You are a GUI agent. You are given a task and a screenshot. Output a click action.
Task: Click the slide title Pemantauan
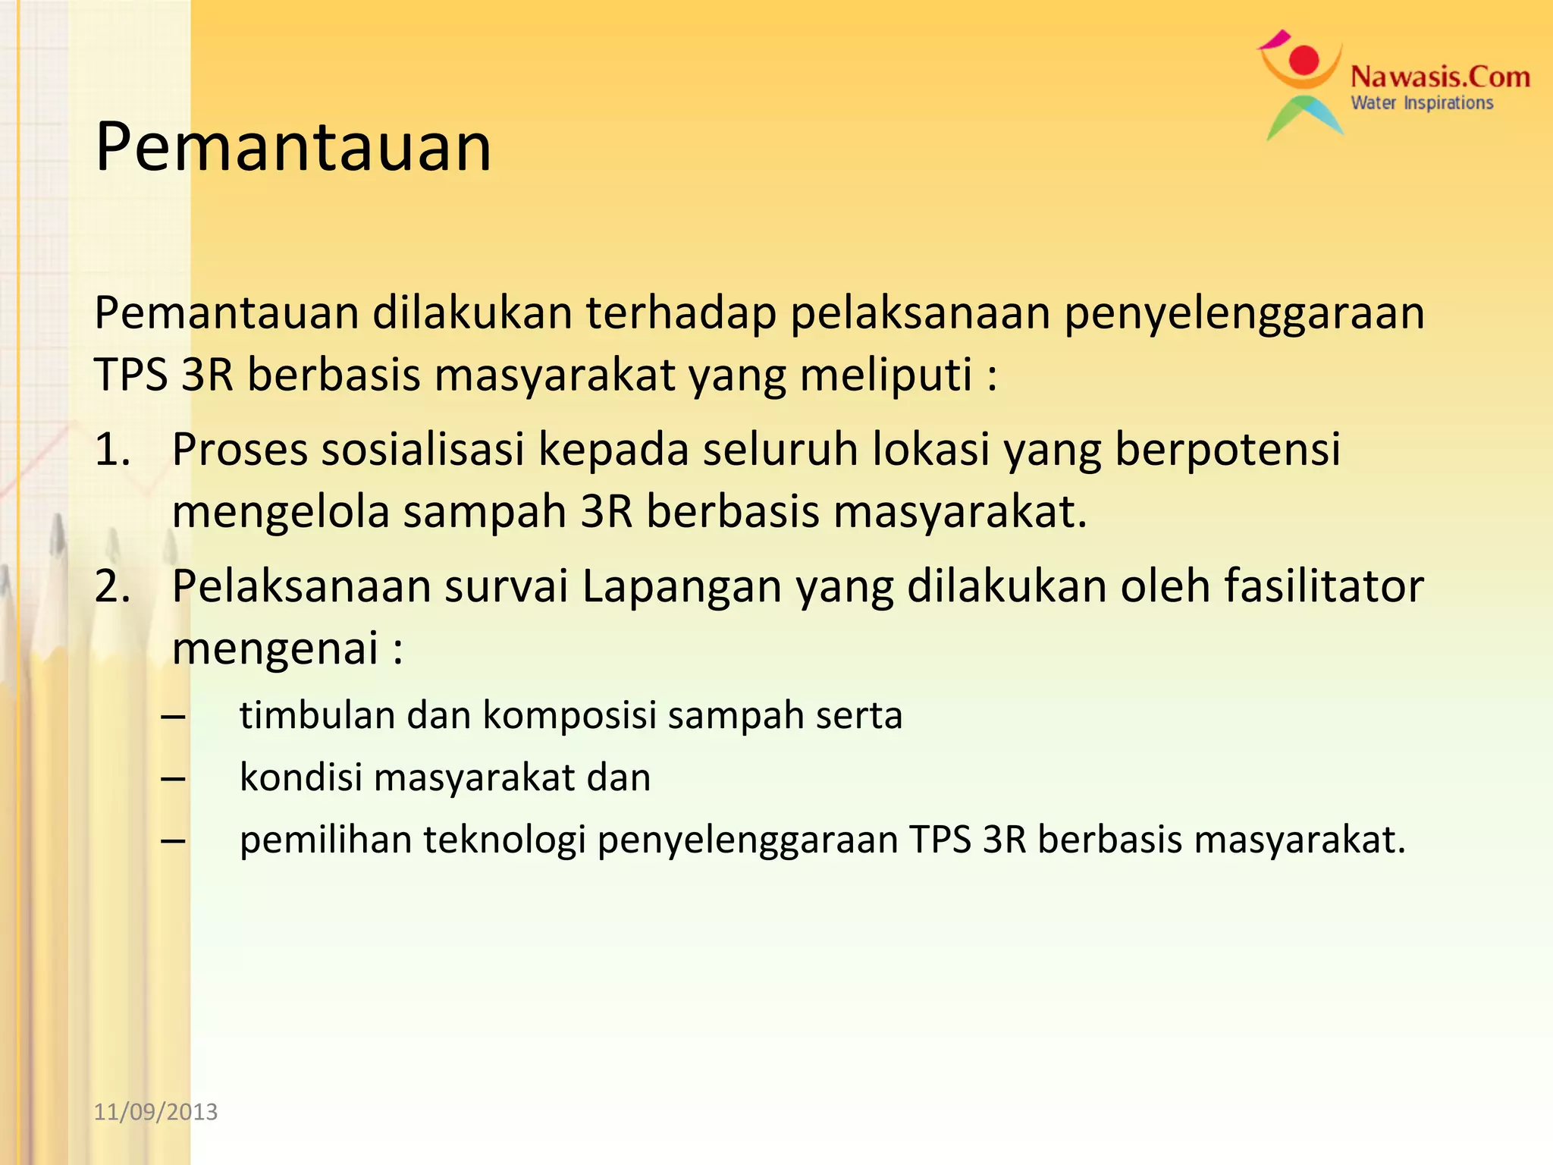pyautogui.click(x=293, y=146)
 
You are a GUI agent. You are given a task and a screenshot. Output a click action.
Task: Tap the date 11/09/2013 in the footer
pyautogui.click(x=155, y=1112)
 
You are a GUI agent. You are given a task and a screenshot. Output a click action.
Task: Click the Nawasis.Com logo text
pyautogui.click(x=1440, y=77)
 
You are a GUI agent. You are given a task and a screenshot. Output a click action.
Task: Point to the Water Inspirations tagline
pyautogui.click(x=1422, y=103)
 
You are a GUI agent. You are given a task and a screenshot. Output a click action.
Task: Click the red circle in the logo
pyautogui.click(x=1304, y=60)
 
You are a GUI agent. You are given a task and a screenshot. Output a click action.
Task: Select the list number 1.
pyautogui.click(x=112, y=449)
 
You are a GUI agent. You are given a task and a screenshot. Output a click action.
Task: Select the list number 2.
pyautogui.click(x=112, y=586)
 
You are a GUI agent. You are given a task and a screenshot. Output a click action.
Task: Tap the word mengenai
pyautogui.click(x=275, y=648)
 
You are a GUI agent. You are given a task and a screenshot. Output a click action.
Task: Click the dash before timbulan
pyautogui.click(x=174, y=716)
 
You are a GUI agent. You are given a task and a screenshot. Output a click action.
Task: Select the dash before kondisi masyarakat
pyautogui.click(x=174, y=778)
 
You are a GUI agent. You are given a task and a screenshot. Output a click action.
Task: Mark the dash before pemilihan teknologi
pyautogui.click(x=174, y=840)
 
